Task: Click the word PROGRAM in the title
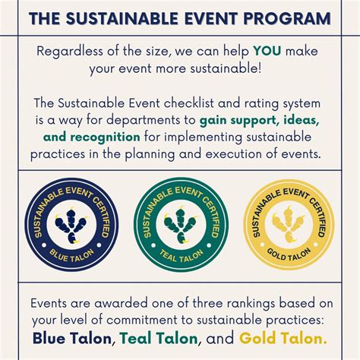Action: tap(290, 17)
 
